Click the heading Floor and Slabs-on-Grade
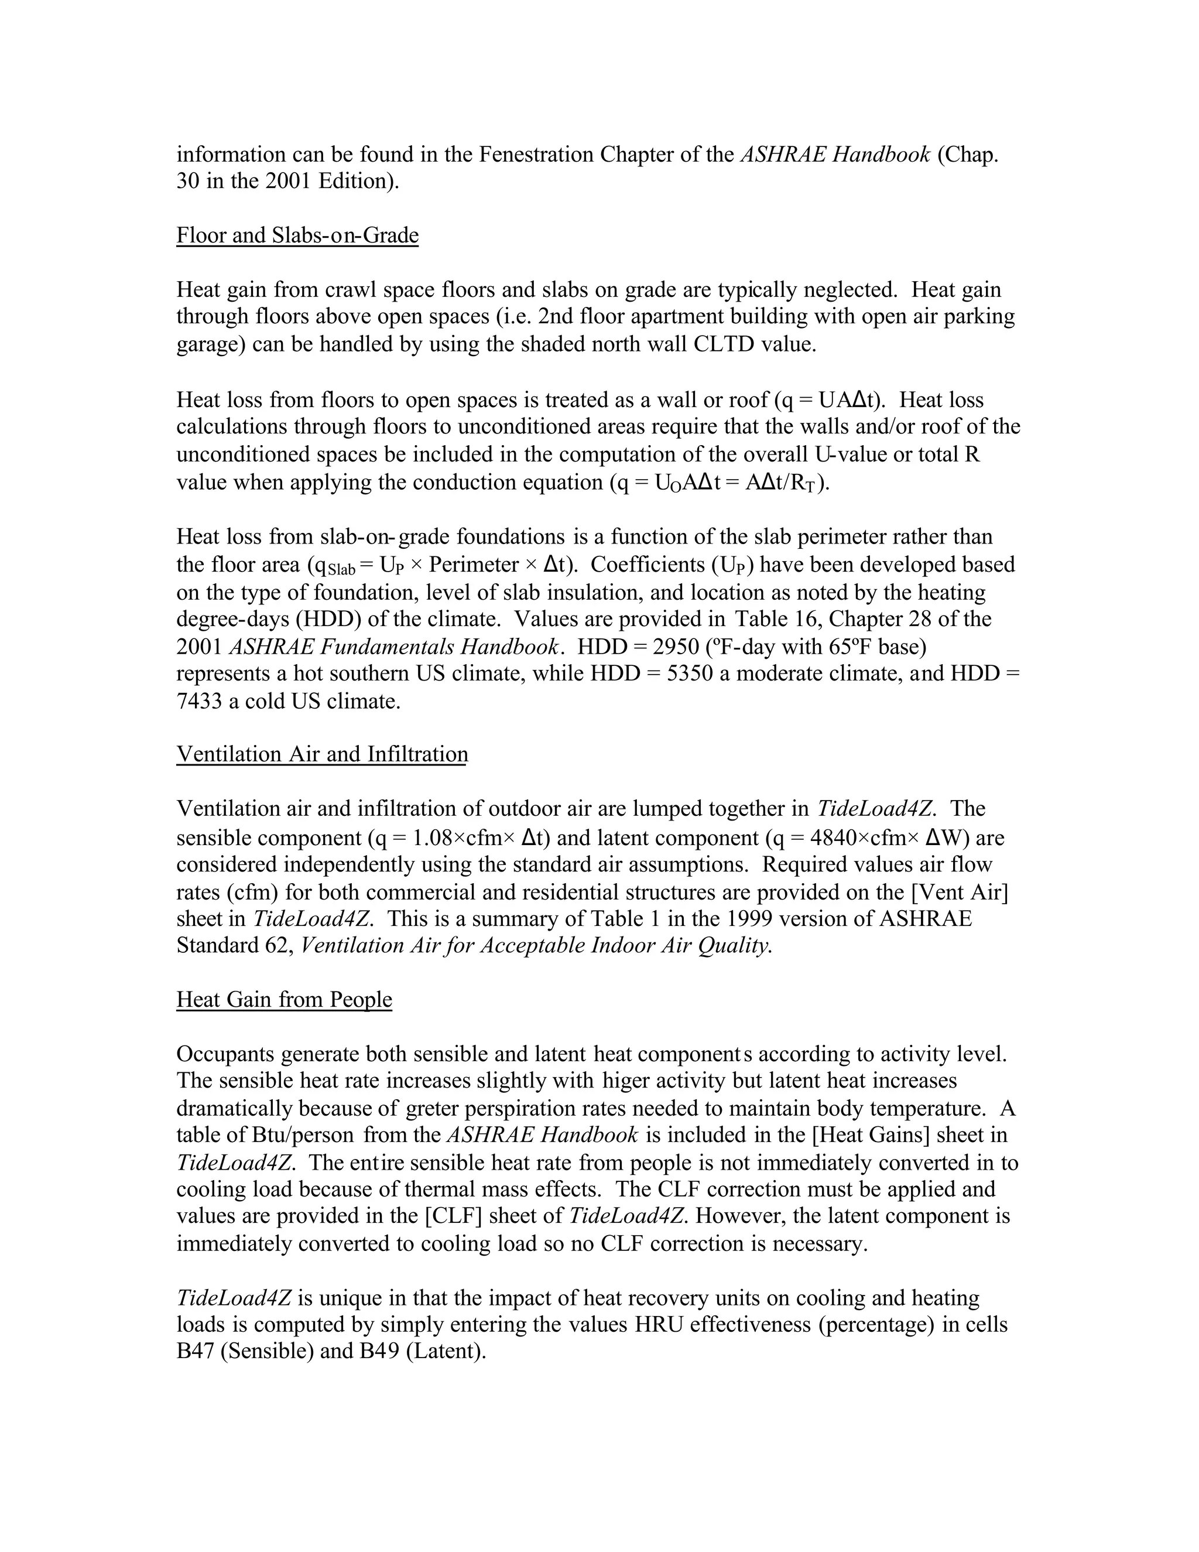click(x=297, y=235)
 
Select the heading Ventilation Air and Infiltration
click(x=322, y=754)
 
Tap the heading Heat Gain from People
click(x=284, y=999)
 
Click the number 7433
click(x=199, y=702)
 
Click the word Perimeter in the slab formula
click(x=474, y=565)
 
